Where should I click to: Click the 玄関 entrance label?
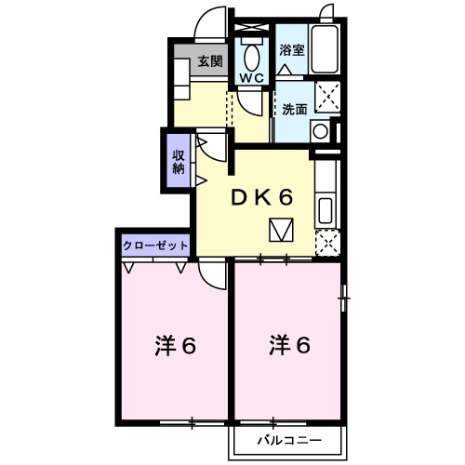210,61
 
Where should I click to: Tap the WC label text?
252,78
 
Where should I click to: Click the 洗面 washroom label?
296,108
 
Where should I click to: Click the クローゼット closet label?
155,246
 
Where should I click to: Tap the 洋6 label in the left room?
174,346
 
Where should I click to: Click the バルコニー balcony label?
289,440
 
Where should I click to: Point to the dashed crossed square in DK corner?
326,245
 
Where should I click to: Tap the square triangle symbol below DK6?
282,229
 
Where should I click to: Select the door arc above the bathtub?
325,13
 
